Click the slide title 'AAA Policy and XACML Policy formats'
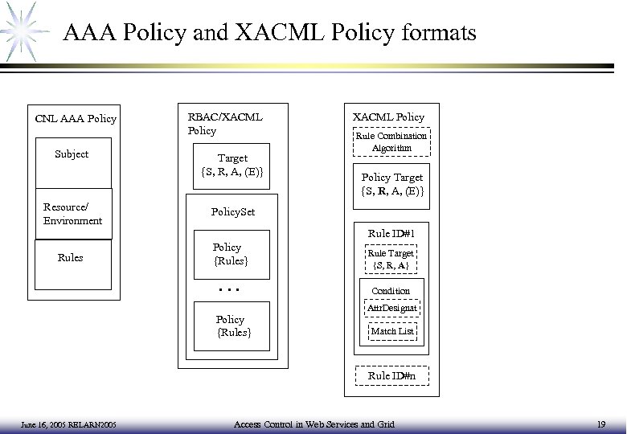click(x=269, y=33)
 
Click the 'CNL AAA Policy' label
click(x=76, y=120)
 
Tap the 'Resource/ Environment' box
click(x=72, y=215)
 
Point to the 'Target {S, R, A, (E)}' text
click(x=232, y=165)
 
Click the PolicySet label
click(x=232, y=212)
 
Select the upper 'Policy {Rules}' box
click(x=230, y=254)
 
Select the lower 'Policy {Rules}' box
click(x=232, y=325)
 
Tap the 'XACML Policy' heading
click(x=390, y=117)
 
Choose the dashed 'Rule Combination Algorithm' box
click(x=391, y=142)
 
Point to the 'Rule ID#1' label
click(x=391, y=234)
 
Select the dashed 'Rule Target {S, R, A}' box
click(x=391, y=259)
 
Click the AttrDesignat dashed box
click(x=391, y=308)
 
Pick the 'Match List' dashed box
click(x=391, y=330)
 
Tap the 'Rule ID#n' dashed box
click(x=391, y=375)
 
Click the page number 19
click(x=601, y=424)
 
